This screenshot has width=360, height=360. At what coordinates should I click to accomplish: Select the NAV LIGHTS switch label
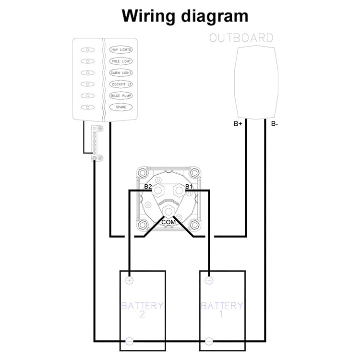tap(121, 50)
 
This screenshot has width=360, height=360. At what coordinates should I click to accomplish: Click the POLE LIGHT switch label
tap(121, 61)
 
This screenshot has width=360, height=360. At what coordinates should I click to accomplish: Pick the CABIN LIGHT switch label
tap(121, 73)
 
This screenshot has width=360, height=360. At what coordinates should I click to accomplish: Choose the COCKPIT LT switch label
tap(121, 84)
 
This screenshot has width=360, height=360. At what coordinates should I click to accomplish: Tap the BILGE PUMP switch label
tap(121, 96)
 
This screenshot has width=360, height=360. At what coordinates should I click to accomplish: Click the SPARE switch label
tap(121, 107)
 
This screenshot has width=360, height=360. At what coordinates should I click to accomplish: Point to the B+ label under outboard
tap(238, 124)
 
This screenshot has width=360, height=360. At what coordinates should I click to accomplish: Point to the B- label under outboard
tap(274, 124)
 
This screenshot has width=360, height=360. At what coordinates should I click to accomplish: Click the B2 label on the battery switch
tap(148, 186)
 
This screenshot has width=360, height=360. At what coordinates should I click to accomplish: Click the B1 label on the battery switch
tap(189, 186)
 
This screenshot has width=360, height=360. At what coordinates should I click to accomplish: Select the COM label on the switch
tap(168, 222)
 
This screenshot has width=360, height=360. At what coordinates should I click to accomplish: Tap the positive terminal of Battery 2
tap(130, 280)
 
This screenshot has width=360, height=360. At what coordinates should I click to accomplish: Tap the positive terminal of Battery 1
tap(209, 280)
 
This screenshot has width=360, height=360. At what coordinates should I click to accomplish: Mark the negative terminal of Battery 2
tap(130, 341)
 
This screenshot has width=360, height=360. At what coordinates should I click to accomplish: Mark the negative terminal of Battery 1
tap(209, 341)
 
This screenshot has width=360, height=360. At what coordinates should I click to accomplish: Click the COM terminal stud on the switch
tap(168, 212)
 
